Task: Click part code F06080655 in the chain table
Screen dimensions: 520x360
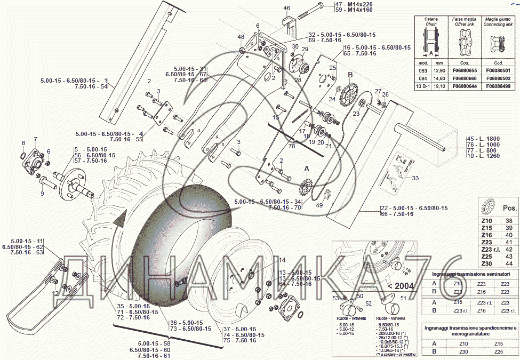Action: pyautogui.click(x=462, y=70)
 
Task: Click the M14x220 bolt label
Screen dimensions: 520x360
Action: pyautogui.click(x=361, y=4)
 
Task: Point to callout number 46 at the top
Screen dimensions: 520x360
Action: pyautogui.click(x=287, y=8)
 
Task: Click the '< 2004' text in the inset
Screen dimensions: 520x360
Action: pyautogui.click(x=404, y=286)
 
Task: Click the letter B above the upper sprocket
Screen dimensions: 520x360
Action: pyautogui.click(x=350, y=75)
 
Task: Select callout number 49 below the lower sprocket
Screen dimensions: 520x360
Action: pyautogui.click(x=319, y=206)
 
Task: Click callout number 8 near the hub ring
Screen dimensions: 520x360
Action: pyautogui.click(x=23, y=143)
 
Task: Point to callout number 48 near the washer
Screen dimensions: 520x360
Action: pyautogui.click(x=241, y=37)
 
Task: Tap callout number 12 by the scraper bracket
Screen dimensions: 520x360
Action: pyautogui.click(x=55, y=293)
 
